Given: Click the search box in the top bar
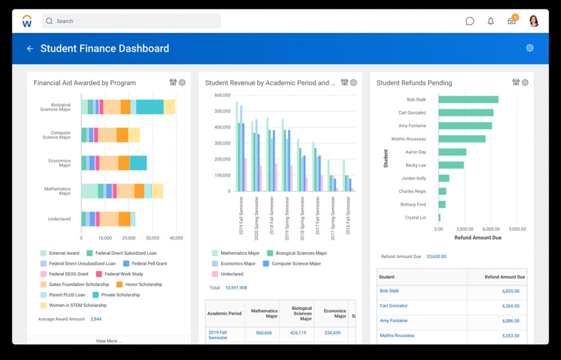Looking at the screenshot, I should coord(131,21).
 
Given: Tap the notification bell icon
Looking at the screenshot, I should coord(491,21).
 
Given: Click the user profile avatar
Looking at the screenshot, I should coord(534,21).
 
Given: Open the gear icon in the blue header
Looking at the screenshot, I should coord(530,48).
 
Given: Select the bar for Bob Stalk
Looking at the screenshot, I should coord(468,99).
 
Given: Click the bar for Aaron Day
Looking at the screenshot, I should coord(452,152).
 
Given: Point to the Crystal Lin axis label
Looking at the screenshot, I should coord(415,218).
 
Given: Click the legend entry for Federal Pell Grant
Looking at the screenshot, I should coord(145,264).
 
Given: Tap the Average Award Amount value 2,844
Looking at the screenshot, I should coord(96,319).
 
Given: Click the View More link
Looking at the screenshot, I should coord(109,341).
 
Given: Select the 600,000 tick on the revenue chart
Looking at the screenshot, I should coord(222,95).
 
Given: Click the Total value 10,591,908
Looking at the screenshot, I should coord(236,288).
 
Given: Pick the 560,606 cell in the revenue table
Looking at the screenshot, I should coord(264,333).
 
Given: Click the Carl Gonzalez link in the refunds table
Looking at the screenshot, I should coord(393,306).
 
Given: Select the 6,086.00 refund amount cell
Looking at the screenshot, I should coord(511,321).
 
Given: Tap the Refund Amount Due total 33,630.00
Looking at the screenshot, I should coord(436,256).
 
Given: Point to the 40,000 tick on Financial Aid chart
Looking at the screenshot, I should coord(176,238).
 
